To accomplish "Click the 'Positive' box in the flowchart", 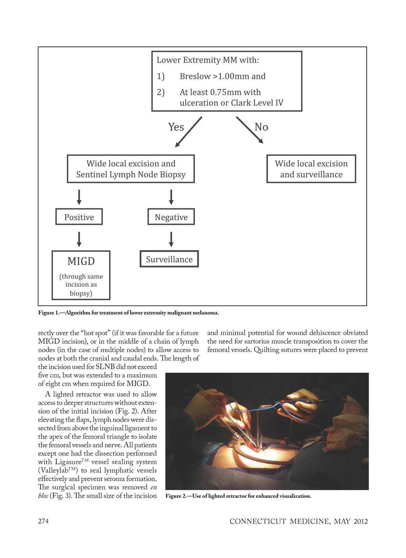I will click(x=79, y=217).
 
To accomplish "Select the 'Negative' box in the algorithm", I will click(x=171, y=217).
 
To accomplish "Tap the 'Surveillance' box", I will click(x=169, y=259).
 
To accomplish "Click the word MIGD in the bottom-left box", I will click(x=81, y=261).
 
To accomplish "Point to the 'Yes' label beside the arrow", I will click(x=176, y=127).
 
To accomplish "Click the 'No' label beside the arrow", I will click(x=261, y=127).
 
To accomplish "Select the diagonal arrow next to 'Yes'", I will click(x=189, y=132).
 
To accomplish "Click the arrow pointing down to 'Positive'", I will click(x=79, y=197).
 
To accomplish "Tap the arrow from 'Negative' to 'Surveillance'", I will click(x=171, y=239).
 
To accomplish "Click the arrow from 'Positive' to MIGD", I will click(x=79, y=239).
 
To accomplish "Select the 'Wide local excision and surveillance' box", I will click(x=311, y=169).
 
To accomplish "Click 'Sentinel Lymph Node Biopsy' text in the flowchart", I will click(x=131, y=175).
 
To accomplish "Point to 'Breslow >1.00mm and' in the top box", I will click(x=222, y=76).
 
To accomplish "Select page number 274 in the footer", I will click(x=43, y=521).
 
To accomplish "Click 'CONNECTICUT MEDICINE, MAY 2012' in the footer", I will click(x=298, y=521).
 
